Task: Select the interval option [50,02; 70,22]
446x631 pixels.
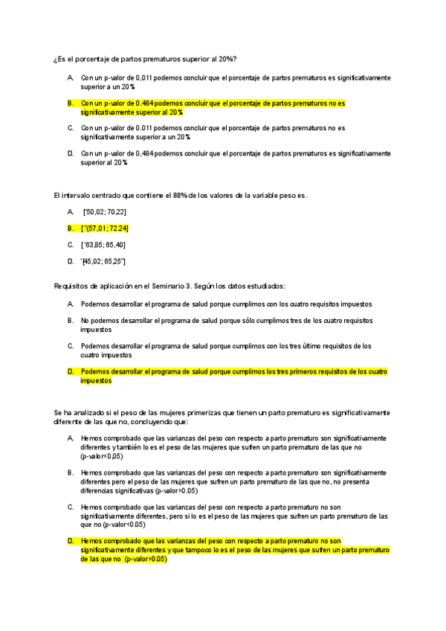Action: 106,212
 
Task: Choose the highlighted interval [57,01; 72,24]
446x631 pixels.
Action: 109,228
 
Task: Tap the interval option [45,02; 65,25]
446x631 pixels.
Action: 104,260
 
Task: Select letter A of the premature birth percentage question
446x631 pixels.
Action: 69,77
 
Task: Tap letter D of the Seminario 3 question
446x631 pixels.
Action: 70,371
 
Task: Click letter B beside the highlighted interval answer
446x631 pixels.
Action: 70,228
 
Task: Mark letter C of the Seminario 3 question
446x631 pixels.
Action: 70,346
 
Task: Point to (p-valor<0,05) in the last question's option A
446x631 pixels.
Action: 103,456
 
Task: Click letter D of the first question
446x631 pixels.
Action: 69,153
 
